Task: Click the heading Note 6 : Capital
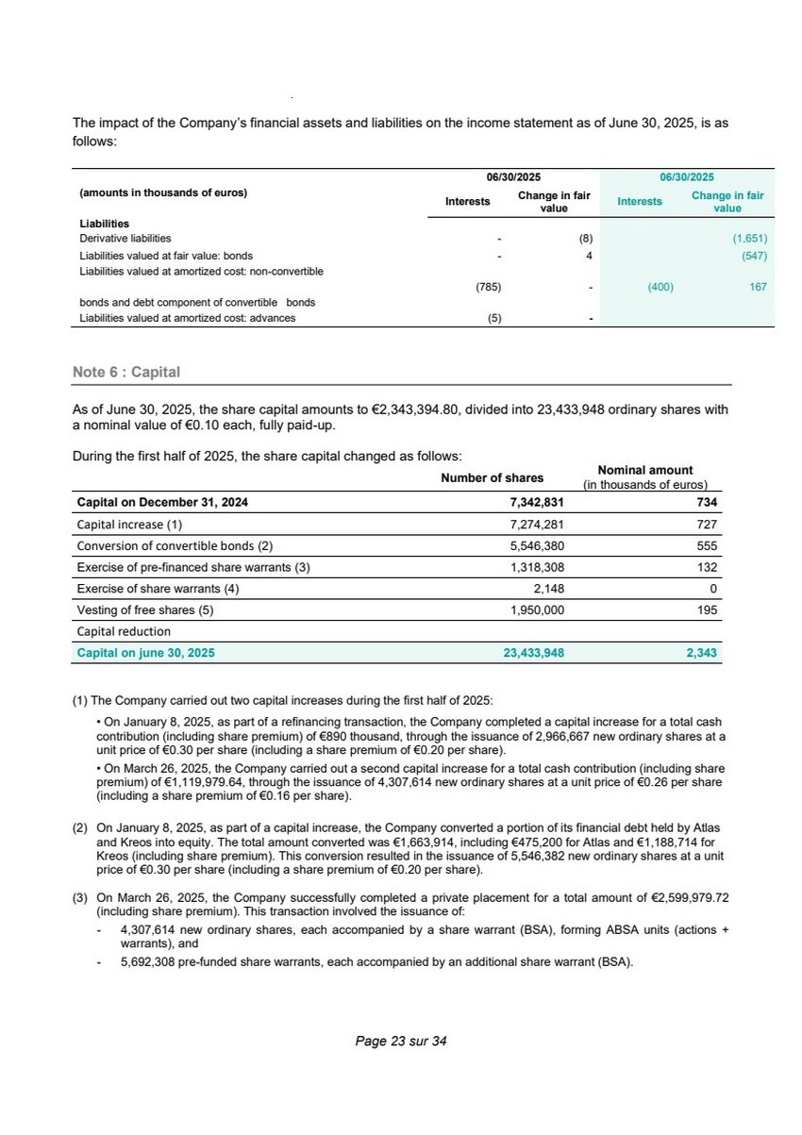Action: click(x=126, y=373)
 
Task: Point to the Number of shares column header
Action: click(x=492, y=477)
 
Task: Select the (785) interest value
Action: click(x=488, y=287)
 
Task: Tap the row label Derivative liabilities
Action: click(x=125, y=240)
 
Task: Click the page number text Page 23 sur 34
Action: click(x=400, y=1042)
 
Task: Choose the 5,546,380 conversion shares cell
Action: click(x=537, y=546)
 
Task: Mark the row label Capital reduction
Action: click(x=124, y=631)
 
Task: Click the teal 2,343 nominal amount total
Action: click(x=702, y=652)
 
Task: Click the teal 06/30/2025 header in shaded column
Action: click(x=686, y=177)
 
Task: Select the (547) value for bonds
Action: click(x=754, y=256)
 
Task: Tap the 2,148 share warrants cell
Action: click(x=548, y=589)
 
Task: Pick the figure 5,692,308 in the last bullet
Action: click(x=154, y=962)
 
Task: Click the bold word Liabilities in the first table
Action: click(x=104, y=224)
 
